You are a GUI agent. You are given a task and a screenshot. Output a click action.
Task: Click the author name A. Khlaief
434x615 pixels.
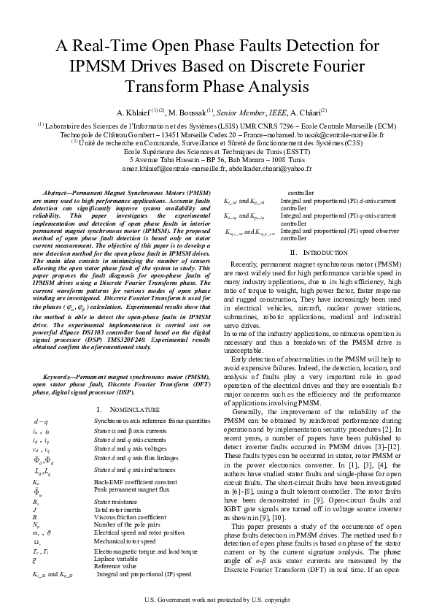[133, 113]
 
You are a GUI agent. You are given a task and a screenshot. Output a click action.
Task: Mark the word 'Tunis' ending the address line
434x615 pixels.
[292, 159]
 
